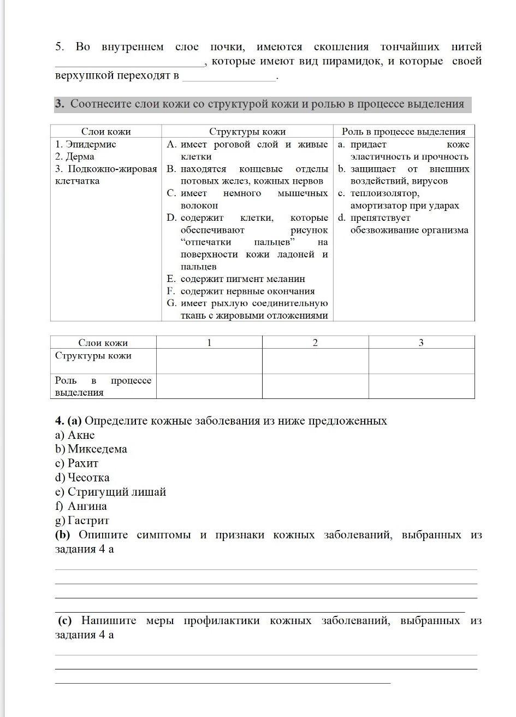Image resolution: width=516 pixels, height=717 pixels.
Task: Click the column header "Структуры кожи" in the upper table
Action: coord(247,131)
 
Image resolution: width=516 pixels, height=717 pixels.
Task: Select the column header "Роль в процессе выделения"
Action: coord(404,131)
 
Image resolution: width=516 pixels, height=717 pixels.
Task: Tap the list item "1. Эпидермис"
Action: coord(86,144)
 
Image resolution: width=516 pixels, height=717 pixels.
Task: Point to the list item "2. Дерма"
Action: coord(75,156)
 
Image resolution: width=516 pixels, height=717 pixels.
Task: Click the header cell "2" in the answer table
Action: coord(315,343)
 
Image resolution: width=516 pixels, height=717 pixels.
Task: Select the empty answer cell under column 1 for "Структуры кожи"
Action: coord(209,361)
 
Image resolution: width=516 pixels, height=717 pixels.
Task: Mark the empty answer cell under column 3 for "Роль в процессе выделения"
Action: coord(421,386)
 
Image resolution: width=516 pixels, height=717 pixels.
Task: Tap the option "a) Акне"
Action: coord(75,435)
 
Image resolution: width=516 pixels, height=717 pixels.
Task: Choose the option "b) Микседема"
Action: coord(91,449)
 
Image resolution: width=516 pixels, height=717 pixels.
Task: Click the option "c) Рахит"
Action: coord(77,463)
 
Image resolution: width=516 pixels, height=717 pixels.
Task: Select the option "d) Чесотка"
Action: coord(82,478)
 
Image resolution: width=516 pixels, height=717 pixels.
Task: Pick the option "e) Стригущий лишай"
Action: coord(111,492)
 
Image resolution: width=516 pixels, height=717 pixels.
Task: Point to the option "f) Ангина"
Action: coord(81,506)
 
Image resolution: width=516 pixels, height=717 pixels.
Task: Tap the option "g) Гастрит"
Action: coord(82,520)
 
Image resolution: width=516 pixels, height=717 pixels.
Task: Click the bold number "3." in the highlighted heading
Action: coord(60,104)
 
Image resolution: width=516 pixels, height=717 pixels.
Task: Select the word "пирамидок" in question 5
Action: coord(355,61)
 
